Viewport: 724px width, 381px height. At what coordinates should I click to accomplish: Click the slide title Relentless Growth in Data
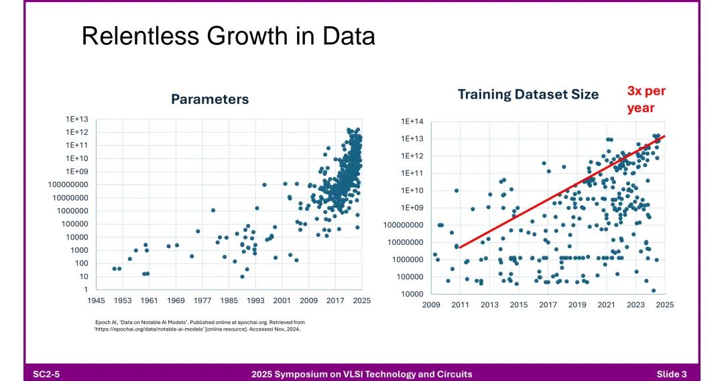coord(228,36)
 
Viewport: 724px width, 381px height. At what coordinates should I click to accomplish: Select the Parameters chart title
coord(210,99)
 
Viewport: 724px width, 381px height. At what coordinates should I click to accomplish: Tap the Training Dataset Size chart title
coord(528,95)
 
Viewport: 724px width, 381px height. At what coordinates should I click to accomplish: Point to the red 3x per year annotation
coord(646,99)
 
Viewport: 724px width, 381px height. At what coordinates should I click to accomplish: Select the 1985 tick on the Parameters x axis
coord(229,301)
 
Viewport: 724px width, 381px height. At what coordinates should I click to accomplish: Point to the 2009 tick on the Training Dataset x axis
coord(432,305)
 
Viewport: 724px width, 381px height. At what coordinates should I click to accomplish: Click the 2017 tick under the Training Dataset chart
coord(548,305)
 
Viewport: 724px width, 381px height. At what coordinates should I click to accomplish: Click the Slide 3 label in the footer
coord(671,374)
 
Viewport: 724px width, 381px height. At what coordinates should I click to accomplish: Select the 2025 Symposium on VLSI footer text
coord(361,374)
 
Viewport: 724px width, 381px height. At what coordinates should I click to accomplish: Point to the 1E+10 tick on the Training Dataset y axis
coord(413,190)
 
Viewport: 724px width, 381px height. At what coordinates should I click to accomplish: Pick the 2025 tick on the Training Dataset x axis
coord(664,305)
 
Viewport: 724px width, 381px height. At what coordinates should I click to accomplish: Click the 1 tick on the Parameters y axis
coord(84,289)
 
